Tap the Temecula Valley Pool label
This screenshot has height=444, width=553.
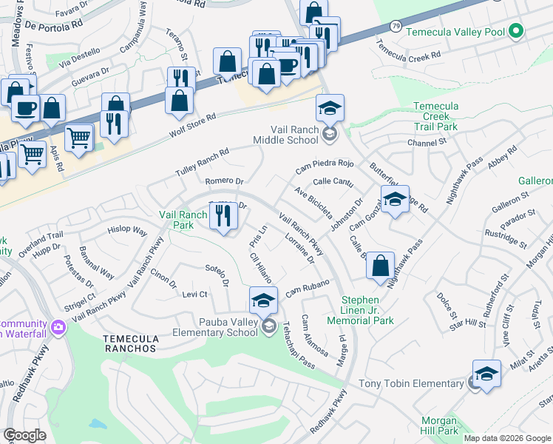463,32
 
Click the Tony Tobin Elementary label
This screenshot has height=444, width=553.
411,383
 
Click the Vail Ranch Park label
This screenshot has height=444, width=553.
183,219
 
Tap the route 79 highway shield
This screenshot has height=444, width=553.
396,27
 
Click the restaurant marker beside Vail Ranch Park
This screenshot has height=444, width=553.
223,215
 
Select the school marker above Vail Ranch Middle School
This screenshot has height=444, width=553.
330,108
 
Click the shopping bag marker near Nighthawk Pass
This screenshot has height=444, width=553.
380,266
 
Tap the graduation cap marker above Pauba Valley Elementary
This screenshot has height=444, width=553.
262,301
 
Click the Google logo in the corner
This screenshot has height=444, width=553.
24,435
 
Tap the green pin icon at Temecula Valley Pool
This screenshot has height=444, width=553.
516,32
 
